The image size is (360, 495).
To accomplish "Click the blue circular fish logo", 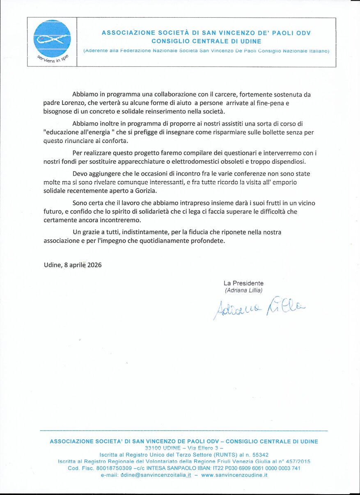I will click(x=52, y=39).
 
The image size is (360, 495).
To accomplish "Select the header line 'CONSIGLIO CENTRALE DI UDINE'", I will click(x=206, y=41).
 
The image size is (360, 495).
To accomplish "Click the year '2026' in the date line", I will click(x=94, y=265).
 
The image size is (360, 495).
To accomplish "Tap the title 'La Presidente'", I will click(x=243, y=283).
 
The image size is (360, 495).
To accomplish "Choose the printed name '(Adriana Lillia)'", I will click(x=243, y=290).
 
